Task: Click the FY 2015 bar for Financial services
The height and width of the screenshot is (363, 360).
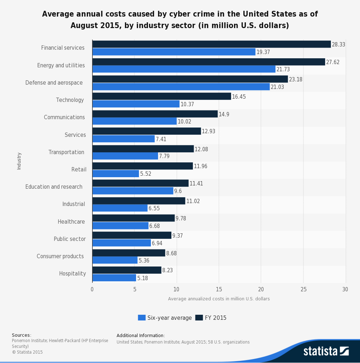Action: (211, 44)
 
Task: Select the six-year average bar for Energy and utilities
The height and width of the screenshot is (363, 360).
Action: (184, 69)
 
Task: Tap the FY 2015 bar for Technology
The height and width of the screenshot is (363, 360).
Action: (162, 96)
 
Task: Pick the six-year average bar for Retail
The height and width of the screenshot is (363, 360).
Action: (116, 174)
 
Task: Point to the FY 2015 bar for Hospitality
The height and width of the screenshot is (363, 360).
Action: (127, 270)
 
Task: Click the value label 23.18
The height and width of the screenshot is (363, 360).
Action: (296, 79)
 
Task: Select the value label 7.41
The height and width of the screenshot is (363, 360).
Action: (161, 139)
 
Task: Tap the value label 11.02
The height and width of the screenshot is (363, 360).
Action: (193, 201)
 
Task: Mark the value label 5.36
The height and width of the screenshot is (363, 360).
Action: (144, 260)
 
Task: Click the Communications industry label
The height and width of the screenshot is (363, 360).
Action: (64, 117)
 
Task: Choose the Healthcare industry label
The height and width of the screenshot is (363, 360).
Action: (71, 222)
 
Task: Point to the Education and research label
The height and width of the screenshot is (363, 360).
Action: (54, 187)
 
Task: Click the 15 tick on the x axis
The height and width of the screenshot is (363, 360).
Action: (219, 290)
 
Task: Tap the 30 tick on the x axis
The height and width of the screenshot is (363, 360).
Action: (345, 290)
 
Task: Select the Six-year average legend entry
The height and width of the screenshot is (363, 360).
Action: (165, 318)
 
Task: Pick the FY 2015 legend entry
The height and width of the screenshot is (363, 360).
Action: (211, 318)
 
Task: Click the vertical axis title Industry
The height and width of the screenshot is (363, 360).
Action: (19, 161)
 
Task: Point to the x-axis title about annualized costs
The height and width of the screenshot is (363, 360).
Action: (219, 299)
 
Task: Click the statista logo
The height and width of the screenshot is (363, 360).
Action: (326, 351)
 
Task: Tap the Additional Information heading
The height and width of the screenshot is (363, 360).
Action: (141, 336)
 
